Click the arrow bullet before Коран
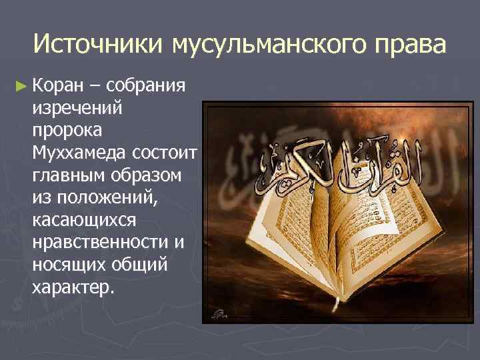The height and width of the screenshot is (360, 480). [21, 86]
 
